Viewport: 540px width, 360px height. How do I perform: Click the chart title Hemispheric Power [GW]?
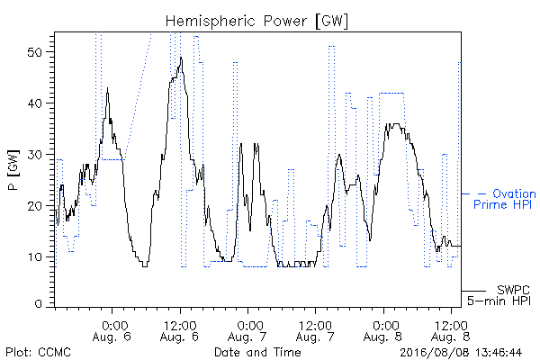point(256,21)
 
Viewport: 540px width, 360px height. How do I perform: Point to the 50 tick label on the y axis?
point(34,52)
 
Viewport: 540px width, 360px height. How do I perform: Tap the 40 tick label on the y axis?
point(34,103)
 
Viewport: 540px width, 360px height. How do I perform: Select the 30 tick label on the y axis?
point(34,155)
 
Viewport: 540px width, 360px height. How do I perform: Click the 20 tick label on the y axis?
point(34,206)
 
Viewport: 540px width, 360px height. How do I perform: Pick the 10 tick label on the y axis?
point(34,257)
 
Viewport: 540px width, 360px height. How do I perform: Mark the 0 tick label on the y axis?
point(39,304)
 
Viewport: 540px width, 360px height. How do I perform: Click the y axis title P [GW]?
point(13,170)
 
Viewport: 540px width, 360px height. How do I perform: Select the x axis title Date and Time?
point(257,353)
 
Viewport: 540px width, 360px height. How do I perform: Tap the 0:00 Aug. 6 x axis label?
point(112,331)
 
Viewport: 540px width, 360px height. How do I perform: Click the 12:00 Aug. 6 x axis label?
point(179,331)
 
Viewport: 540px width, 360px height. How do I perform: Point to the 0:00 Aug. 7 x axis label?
point(247,331)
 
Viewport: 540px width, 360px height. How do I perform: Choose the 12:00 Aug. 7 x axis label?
point(315,331)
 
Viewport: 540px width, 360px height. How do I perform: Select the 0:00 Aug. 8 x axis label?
point(383,331)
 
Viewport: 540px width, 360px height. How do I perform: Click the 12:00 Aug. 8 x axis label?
point(451,331)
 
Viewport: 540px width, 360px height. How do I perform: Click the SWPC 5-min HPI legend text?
point(499,295)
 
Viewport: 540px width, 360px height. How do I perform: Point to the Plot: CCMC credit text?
point(38,353)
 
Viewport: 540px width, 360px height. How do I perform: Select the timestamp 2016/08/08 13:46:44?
point(461,353)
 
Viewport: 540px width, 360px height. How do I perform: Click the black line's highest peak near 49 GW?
point(181,58)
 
